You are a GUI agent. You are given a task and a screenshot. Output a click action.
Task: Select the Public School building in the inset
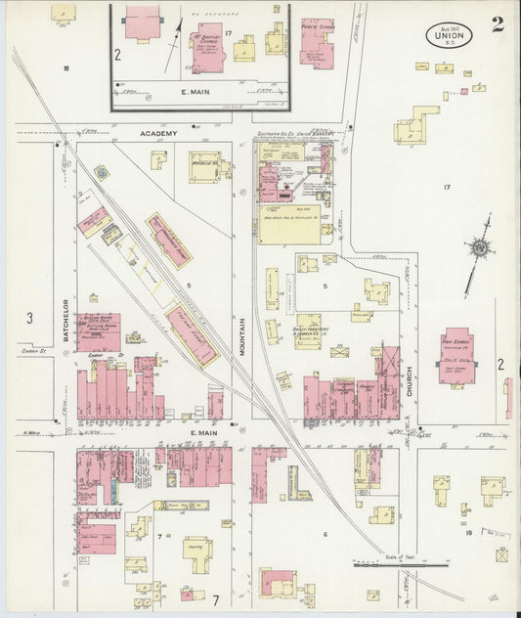316,42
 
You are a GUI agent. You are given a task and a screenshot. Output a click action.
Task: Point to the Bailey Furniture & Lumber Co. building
309,331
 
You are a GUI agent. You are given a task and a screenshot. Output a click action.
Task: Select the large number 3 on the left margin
29,318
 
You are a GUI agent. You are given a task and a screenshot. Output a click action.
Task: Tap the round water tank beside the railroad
101,173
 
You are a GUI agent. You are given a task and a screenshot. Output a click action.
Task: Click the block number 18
469,533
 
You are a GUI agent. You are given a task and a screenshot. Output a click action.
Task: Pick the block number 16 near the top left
65,68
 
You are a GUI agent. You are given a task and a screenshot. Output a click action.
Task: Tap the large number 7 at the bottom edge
215,597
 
